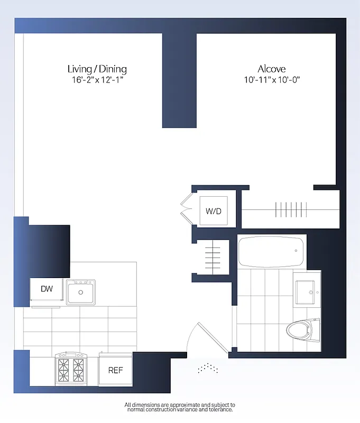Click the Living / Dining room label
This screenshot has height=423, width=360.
click(97, 69)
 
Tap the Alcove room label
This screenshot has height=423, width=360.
click(272, 69)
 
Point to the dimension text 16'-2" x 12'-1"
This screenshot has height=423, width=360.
click(97, 80)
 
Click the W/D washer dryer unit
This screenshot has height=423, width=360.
click(214, 212)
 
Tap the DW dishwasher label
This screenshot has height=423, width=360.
click(47, 289)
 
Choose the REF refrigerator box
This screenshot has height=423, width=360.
click(115, 370)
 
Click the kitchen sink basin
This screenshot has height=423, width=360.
click(81, 292)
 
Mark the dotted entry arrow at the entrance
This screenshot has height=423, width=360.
click(207, 368)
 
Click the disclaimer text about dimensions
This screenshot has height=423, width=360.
click(180, 407)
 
